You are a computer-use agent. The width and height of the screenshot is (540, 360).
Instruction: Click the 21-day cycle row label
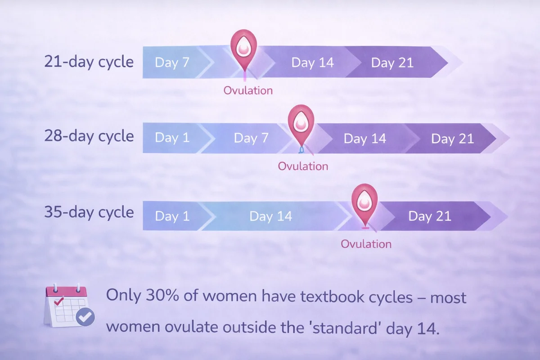pos(89,62)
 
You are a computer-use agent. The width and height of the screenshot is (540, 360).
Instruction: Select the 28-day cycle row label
pos(89,136)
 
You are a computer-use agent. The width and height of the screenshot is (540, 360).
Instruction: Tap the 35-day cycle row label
pos(89,212)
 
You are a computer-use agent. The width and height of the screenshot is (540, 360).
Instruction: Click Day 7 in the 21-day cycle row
pos(172,63)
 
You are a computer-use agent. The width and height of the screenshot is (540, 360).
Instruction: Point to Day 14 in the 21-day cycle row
pos(312,63)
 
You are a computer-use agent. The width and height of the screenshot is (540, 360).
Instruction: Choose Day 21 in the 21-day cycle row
pos(392,63)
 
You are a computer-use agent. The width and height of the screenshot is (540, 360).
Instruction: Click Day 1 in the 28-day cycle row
pos(172,138)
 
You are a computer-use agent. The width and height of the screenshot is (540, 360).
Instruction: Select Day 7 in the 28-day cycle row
pos(251,138)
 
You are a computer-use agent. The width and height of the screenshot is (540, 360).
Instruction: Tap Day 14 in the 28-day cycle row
pos(365,139)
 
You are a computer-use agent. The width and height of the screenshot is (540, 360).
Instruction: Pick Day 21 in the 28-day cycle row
pos(453,139)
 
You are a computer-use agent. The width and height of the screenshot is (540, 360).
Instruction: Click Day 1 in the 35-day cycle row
pos(172,216)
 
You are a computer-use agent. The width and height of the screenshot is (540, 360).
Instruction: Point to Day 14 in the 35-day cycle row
pos(271,216)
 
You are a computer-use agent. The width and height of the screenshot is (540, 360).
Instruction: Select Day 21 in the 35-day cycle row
pos(430,216)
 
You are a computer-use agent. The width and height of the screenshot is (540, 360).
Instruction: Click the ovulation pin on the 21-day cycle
pos(244,48)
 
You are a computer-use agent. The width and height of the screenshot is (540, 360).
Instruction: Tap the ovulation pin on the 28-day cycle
pos(301,123)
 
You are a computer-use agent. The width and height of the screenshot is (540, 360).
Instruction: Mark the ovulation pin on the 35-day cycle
pos(364,202)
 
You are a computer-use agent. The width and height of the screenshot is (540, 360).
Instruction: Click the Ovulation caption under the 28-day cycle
pos(303,166)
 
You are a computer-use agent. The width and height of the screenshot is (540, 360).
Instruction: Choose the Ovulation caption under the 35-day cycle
pos(366,244)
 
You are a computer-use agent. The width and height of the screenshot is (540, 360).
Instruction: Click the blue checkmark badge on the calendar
pos(85,317)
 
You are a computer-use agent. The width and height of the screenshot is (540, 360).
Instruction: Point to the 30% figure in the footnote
pos(162,295)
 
